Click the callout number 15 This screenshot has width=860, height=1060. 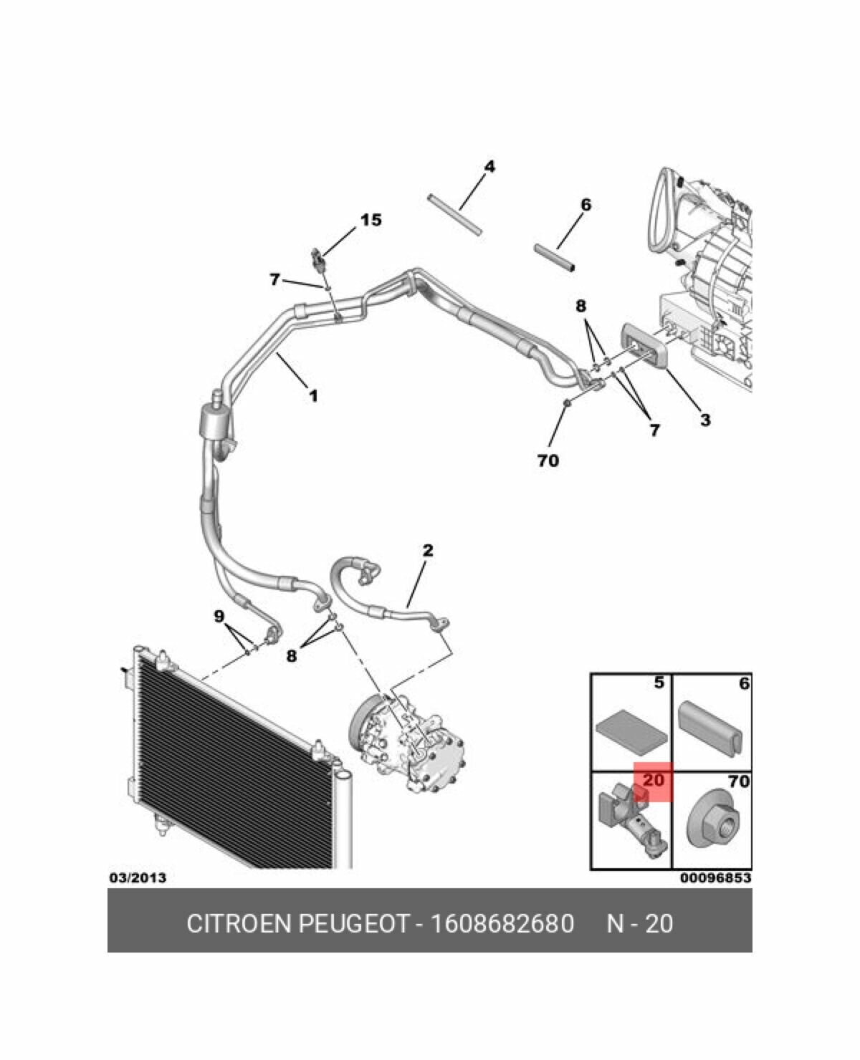(371, 220)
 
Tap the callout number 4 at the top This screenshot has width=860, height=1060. (489, 166)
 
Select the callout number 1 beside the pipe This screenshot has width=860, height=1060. (313, 395)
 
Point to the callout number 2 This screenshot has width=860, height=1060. (428, 550)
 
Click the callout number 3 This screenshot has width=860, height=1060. (705, 420)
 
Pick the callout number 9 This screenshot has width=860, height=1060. (219, 616)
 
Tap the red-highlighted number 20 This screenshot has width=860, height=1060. (653, 781)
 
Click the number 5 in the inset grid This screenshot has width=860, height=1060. (659, 684)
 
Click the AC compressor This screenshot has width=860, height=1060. (408, 745)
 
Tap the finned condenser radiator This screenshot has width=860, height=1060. (229, 759)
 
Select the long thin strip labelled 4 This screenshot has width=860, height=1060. (454, 213)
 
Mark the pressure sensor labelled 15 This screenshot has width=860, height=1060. (318, 258)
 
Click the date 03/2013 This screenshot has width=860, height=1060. (137, 877)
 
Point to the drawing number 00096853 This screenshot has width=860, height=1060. (715, 877)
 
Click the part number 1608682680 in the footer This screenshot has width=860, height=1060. (502, 923)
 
